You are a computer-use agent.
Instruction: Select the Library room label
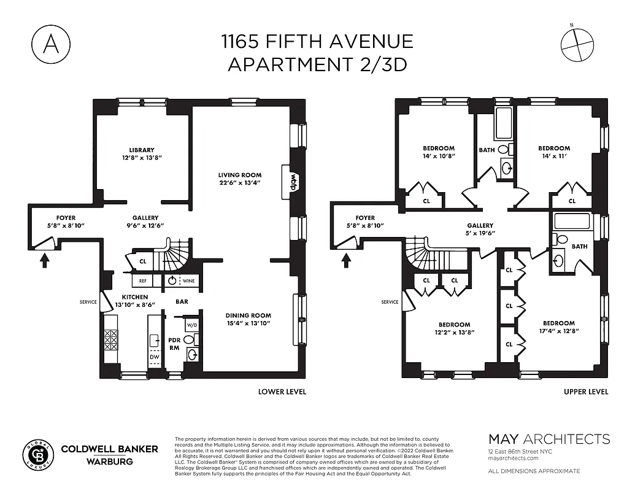pos(141,150)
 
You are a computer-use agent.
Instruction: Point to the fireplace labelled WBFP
pos(293,179)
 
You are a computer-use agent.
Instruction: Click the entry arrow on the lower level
pos(44,261)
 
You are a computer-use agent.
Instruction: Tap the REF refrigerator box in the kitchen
pos(142,280)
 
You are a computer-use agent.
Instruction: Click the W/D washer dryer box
pos(192,325)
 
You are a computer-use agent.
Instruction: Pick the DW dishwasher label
pos(153,357)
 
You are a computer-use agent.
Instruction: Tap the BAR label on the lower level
pos(182,302)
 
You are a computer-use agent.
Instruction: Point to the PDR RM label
pos(174,344)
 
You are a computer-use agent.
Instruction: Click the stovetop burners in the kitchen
pos(112,339)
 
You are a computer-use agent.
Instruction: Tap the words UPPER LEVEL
pos(586,392)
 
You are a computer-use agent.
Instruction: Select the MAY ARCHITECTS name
pos(548,439)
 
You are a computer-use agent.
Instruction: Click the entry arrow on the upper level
pos(345,261)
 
